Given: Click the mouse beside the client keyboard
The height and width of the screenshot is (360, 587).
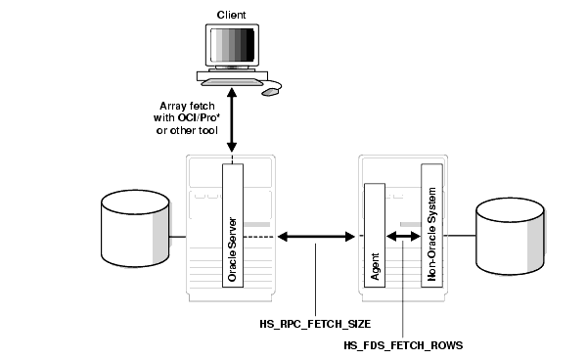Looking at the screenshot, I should [270, 92].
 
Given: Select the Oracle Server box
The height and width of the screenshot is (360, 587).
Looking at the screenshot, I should [232, 225].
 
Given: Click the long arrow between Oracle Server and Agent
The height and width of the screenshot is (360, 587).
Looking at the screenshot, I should [314, 236].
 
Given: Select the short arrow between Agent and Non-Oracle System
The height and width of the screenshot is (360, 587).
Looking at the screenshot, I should [405, 236].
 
